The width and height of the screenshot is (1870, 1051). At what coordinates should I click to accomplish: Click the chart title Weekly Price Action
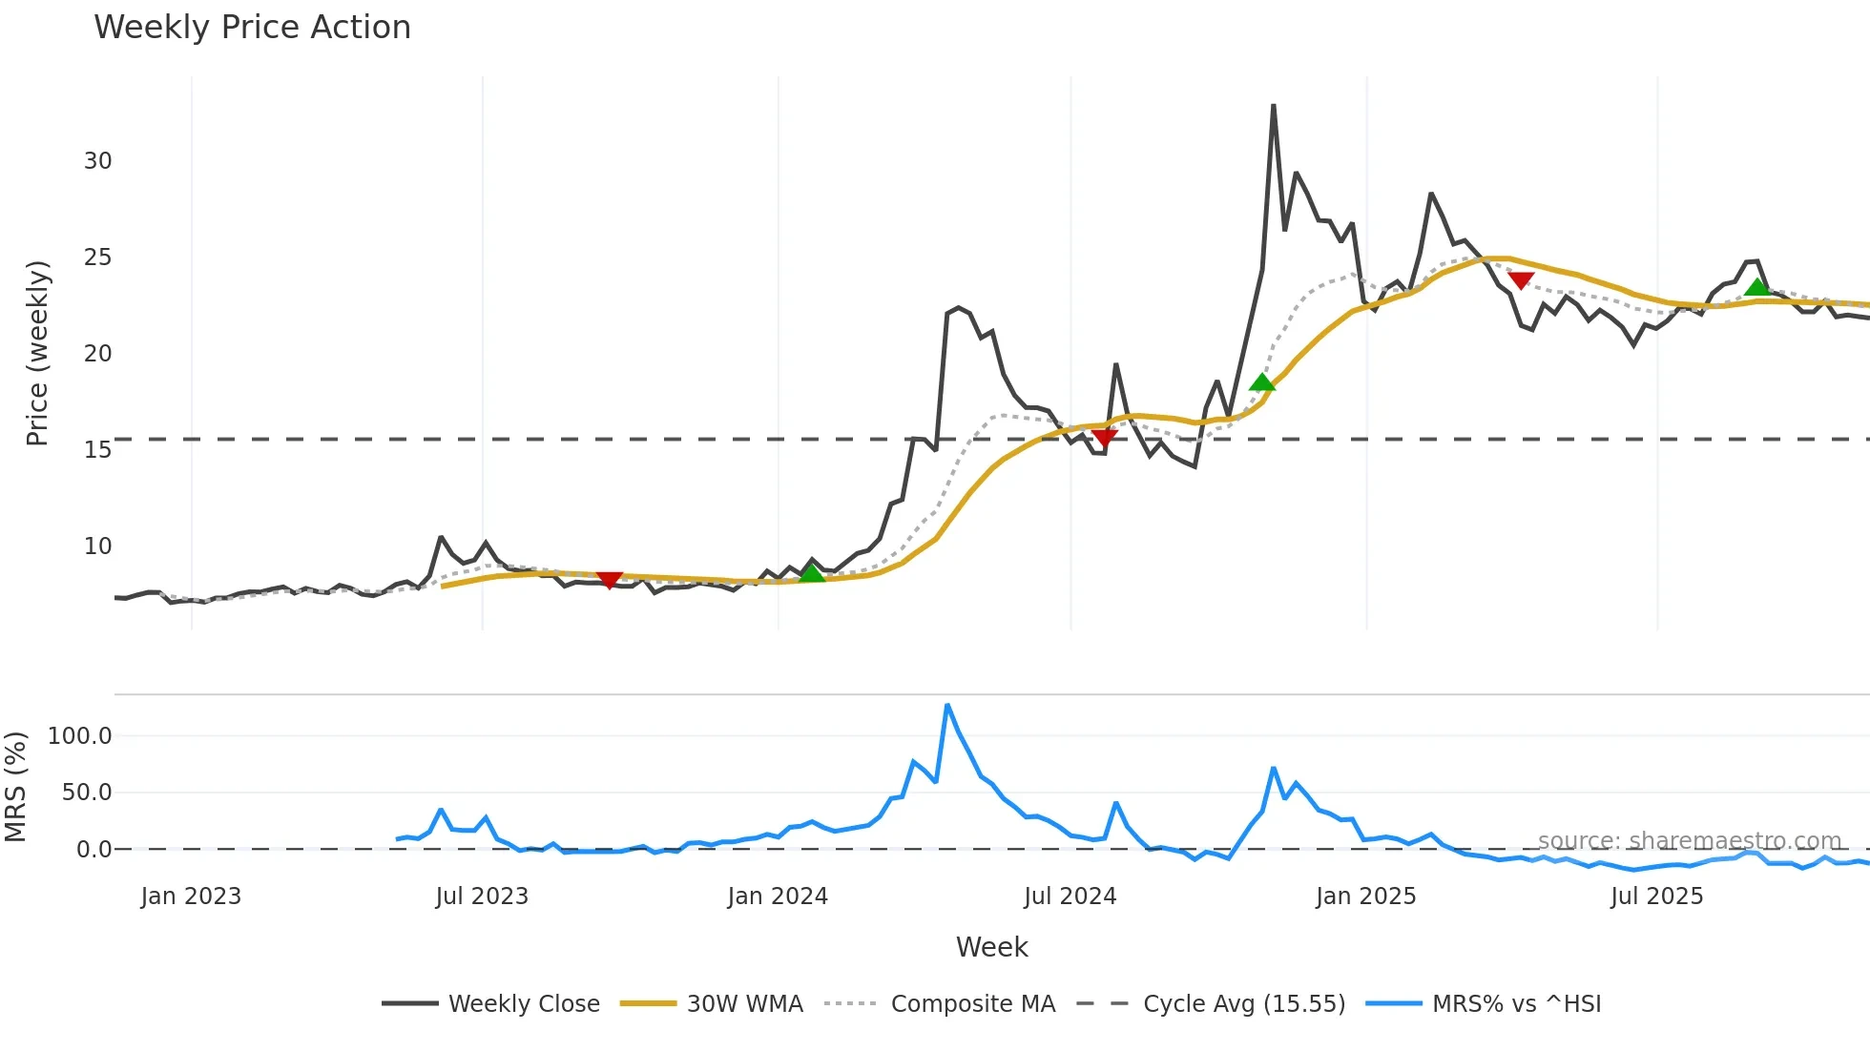[x=252, y=28]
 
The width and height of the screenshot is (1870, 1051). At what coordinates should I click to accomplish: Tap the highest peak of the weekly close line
[x=1273, y=106]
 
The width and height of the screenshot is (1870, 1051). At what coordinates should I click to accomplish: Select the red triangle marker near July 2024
[x=1104, y=438]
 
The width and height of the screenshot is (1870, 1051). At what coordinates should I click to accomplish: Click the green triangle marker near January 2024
[x=811, y=573]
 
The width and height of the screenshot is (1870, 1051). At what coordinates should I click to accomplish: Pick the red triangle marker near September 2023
[x=609, y=580]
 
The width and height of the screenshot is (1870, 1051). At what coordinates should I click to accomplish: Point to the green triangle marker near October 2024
[x=1262, y=382]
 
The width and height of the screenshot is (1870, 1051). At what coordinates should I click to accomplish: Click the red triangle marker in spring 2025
[x=1521, y=280]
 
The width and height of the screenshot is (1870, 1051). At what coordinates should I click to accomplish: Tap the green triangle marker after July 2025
[x=1756, y=287]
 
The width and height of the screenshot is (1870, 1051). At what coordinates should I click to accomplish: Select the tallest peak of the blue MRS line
[x=946, y=706]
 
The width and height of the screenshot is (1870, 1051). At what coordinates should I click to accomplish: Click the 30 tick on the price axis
[x=97, y=161]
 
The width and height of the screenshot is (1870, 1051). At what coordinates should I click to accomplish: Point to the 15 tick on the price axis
[x=97, y=449]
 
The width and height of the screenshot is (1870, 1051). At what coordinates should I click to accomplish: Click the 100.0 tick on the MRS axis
[x=80, y=736]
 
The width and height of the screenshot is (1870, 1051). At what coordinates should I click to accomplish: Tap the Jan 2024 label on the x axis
[x=778, y=896]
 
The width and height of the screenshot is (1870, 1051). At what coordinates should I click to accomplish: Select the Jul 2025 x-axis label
[x=1656, y=896]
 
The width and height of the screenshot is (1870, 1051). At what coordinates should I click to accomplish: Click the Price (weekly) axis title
[x=37, y=353]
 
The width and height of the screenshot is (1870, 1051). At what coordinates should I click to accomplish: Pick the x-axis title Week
[x=991, y=947]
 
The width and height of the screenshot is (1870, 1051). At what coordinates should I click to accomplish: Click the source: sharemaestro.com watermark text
[x=1689, y=841]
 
